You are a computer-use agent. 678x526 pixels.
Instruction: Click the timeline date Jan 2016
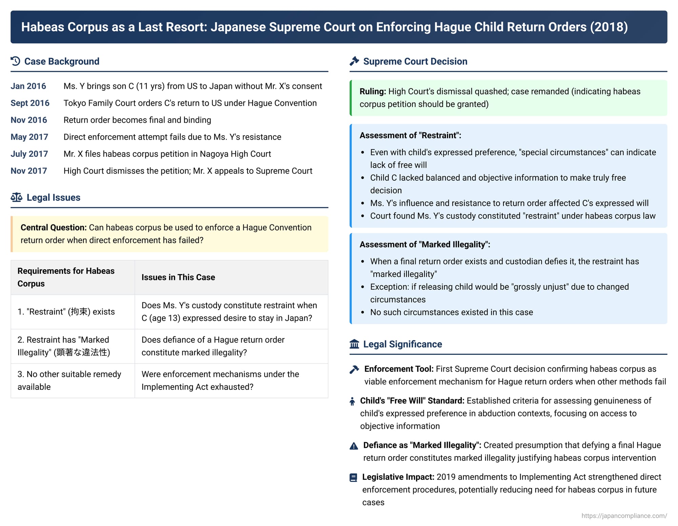tap(28, 86)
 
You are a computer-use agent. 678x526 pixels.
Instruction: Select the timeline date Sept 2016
tap(30, 103)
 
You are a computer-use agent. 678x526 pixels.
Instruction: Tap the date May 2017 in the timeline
tap(29, 137)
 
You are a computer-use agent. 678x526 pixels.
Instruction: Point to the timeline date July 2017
tap(29, 154)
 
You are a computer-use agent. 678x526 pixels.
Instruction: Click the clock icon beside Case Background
tap(16, 61)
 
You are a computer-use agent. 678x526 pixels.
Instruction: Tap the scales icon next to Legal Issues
tap(16, 197)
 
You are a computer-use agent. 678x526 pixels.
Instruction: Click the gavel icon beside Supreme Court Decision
tap(354, 61)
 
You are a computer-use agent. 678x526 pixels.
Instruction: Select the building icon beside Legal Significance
tap(354, 344)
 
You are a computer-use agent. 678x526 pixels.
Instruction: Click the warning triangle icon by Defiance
tap(354, 446)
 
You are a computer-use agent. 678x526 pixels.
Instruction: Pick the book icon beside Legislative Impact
tap(353, 478)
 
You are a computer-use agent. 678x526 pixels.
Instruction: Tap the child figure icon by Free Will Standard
tap(352, 401)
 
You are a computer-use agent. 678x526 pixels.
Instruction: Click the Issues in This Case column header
tap(178, 277)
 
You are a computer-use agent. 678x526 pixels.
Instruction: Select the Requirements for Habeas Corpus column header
tap(66, 277)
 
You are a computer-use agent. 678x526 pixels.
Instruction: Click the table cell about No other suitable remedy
tap(69, 380)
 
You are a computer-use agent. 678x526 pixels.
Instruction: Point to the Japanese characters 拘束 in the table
tap(79, 312)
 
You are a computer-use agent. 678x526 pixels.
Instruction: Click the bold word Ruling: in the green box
tap(373, 92)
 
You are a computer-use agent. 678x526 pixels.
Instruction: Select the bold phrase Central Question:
tap(54, 227)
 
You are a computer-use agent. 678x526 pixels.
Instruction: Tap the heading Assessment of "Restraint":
tap(410, 136)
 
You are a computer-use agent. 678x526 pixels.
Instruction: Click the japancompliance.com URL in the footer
tap(624, 515)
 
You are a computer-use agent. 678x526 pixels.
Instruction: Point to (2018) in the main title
tap(609, 27)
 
